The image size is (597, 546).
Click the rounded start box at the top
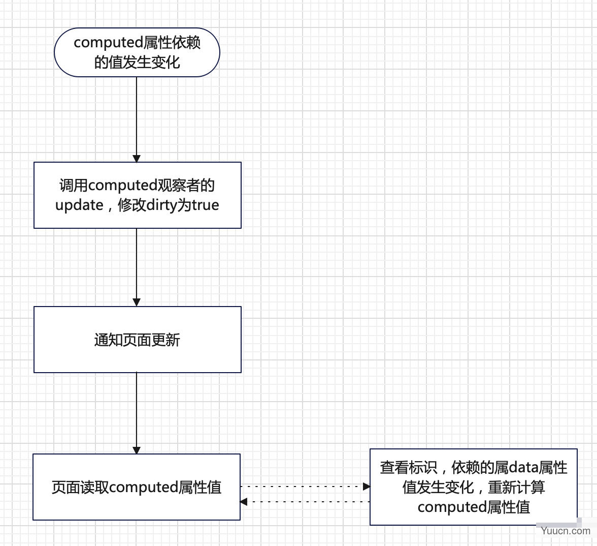(137, 52)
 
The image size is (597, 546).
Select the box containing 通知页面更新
(138, 340)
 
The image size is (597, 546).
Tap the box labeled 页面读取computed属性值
(137, 487)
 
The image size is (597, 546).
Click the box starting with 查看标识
(474, 487)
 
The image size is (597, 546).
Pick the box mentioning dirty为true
(138, 195)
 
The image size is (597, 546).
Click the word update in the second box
(79, 205)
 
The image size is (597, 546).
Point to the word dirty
(161, 205)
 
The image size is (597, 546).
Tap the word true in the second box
(205, 205)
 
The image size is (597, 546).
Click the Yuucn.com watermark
(566, 531)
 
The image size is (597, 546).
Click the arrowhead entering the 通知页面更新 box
(137, 302)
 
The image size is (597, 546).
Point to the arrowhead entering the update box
(137, 159)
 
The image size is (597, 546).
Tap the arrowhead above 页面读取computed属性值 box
(137, 450)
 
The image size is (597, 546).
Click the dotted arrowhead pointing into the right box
(367, 486)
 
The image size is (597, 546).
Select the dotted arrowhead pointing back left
(244, 502)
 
